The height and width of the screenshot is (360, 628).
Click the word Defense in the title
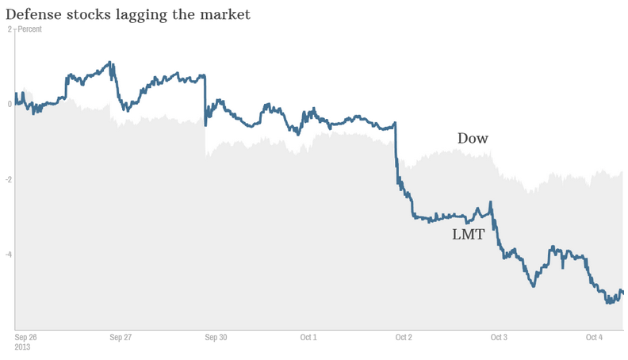32,13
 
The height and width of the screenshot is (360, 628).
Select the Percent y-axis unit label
30,29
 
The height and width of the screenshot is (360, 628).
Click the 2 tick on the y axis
10,29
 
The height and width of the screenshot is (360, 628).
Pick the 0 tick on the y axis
10,105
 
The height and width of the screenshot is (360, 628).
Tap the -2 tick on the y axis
8,180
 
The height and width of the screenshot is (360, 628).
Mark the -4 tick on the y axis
8,255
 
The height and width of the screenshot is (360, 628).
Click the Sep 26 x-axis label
26,337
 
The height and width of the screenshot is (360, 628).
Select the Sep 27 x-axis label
121,337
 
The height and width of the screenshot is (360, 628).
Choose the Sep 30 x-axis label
216,337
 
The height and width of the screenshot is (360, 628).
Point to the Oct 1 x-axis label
308,337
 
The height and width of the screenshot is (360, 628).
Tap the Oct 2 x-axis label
404,337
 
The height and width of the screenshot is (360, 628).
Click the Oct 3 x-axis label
499,337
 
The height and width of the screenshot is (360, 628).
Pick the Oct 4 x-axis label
594,337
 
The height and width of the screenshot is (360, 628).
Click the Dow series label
473,139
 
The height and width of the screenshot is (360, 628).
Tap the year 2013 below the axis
24,347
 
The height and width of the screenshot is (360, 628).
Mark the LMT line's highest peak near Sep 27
109,62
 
